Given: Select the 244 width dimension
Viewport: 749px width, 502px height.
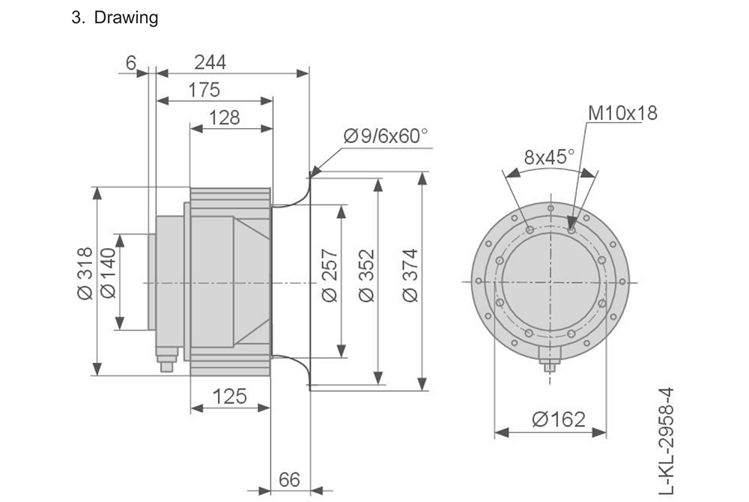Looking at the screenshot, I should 210,62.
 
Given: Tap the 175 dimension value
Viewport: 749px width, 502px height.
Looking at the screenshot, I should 204,91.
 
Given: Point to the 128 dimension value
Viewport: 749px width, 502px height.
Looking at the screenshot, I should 225,118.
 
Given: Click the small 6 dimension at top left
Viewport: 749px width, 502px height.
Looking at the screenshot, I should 131,62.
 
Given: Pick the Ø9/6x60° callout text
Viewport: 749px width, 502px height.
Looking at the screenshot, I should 385,136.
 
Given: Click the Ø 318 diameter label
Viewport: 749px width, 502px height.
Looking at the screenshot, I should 84,274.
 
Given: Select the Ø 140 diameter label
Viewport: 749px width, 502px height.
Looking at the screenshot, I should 108,274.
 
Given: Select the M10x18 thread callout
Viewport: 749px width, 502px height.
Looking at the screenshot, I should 622,114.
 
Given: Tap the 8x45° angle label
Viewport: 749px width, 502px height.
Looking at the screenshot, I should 549,157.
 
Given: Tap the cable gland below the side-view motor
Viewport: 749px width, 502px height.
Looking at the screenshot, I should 166,363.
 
